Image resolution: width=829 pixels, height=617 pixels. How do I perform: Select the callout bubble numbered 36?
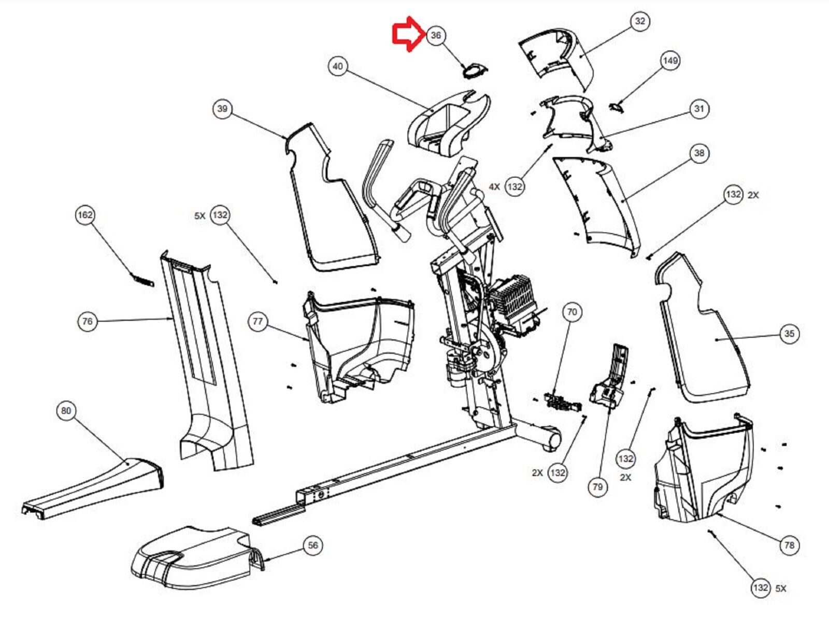436,35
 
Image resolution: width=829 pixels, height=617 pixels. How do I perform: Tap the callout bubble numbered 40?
338,66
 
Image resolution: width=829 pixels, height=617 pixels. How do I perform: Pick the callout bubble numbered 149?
670,61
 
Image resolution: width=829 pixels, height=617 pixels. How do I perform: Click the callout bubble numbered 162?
85,215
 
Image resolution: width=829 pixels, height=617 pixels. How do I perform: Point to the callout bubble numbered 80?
66,411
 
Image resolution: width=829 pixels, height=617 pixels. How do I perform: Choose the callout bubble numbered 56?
313,545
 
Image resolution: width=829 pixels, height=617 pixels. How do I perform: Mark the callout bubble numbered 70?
571,312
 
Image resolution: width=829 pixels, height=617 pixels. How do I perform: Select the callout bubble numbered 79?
597,487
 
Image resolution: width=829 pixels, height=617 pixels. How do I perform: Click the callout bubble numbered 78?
789,545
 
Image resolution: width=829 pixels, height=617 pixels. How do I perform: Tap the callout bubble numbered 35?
789,334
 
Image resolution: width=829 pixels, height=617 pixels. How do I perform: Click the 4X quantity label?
494,186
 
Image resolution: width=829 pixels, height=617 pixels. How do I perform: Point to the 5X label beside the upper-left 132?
200,216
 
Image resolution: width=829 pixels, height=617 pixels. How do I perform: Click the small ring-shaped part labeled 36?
474,70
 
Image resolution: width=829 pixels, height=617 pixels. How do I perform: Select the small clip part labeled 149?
615,106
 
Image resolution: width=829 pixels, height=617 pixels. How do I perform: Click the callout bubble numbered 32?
640,21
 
